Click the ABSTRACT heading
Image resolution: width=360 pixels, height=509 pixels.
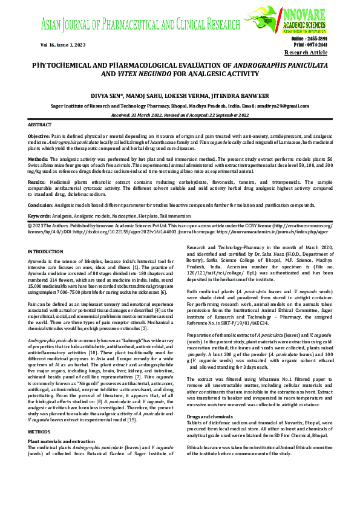coord(41,124)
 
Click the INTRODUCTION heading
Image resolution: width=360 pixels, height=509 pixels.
coord(45,251)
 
